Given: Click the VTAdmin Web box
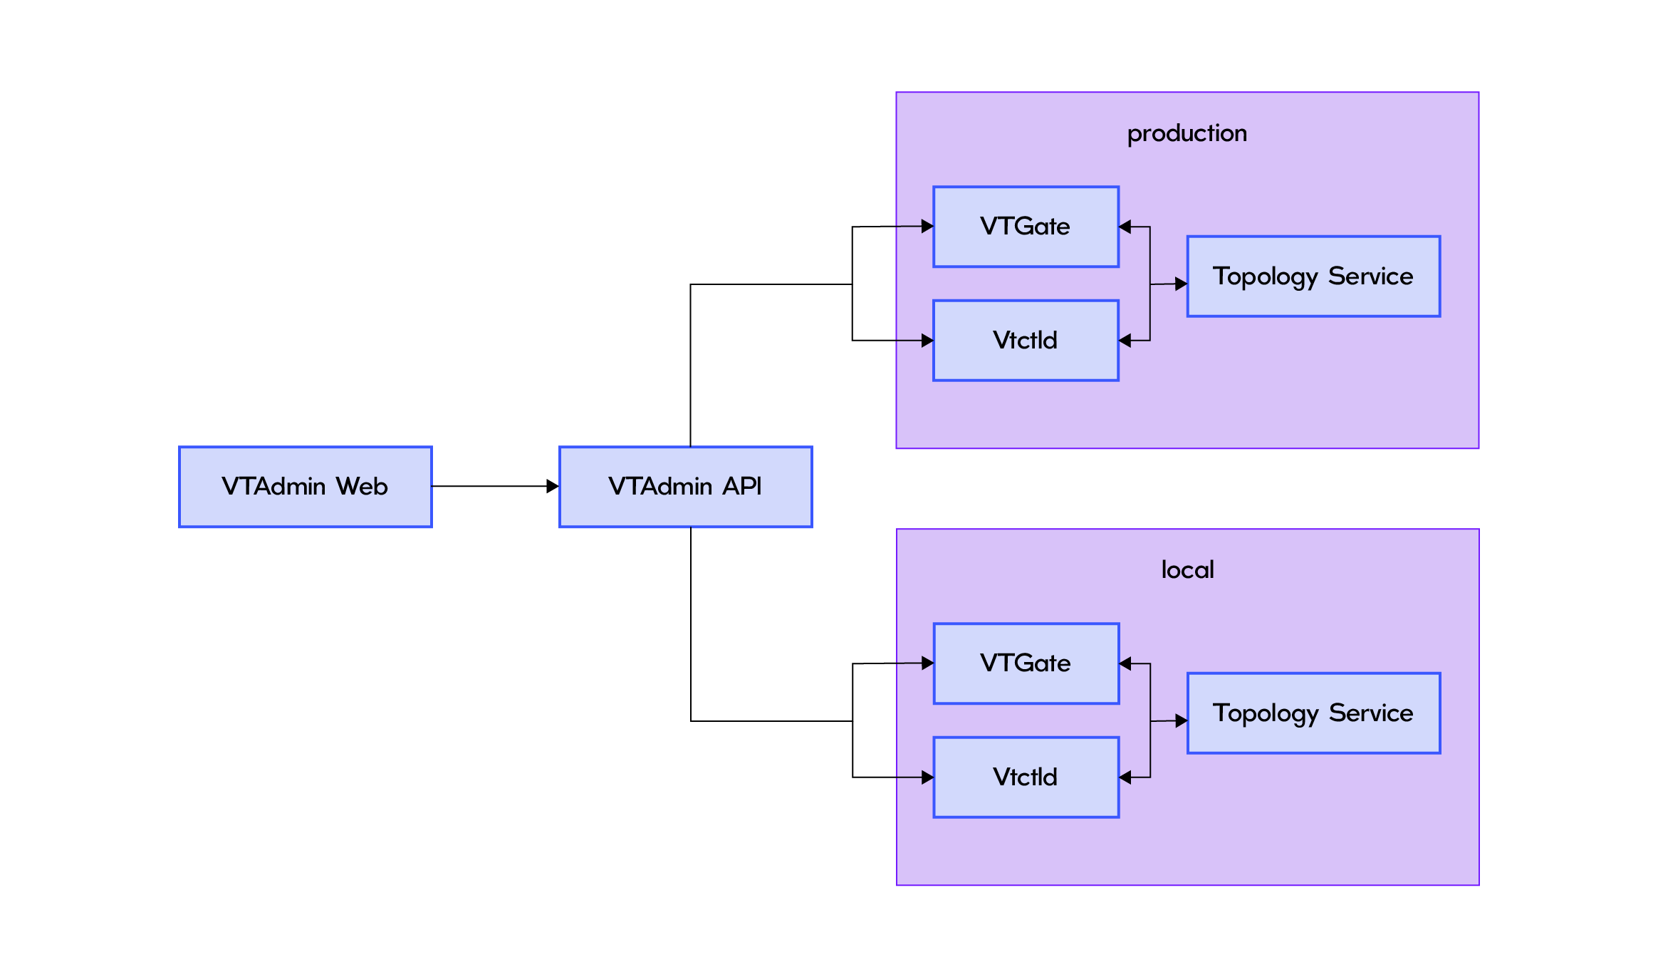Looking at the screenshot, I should pos(305,487).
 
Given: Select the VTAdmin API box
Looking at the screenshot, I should pos(685,487).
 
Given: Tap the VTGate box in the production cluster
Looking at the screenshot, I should pos(1026,227).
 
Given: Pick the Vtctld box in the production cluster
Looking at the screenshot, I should pos(1026,341).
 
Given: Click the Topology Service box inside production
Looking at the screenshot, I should pos(1313,276).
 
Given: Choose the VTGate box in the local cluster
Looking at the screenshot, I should pos(1026,663).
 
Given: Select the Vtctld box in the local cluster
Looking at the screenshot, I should pos(1026,777).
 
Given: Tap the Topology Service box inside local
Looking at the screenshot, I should pos(1313,713).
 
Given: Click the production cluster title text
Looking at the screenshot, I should pos(1187,134).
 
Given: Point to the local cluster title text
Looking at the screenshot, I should pos(1187,570).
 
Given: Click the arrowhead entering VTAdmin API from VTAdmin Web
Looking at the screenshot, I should pos(553,487).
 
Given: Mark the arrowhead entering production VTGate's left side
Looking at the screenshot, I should pos(927,227).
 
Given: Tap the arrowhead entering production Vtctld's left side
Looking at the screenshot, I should pos(927,341).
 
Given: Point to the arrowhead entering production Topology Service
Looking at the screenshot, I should pos(1181,284).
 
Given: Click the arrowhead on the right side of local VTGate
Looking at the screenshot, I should pos(1126,663).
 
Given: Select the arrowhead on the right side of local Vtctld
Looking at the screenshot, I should pos(1126,777).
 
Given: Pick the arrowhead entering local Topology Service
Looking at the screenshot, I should pos(1181,720).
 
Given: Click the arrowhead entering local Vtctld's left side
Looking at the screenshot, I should pos(927,777).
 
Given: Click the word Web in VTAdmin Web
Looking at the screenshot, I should pos(362,487).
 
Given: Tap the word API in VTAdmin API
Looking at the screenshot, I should pos(742,487).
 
